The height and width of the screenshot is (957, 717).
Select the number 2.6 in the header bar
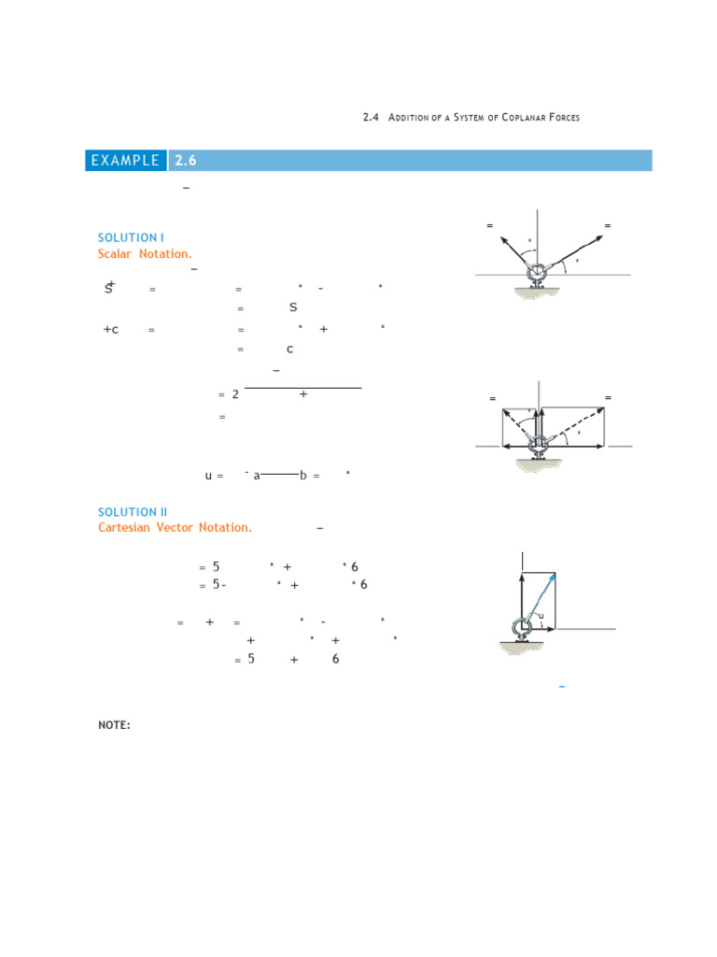pos(186,161)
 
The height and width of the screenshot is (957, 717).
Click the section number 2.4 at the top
pos(370,117)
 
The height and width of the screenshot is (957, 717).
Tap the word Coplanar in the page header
pos(528,118)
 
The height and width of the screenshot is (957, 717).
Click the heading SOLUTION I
pos(131,237)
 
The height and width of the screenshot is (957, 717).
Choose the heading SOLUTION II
pos(133,512)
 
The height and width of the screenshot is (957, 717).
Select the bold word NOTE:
pos(114,724)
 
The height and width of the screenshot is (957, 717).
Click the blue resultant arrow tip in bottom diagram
pos(555,576)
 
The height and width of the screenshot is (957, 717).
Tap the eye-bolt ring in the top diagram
pos(539,274)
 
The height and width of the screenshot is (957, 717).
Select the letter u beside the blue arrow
pos(541,615)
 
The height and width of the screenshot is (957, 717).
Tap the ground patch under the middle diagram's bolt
pos(539,471)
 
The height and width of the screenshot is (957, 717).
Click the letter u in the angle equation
pos(209,476)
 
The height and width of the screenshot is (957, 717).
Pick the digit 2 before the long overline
pos(235,394)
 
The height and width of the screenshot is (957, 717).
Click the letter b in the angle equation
pos(302,476)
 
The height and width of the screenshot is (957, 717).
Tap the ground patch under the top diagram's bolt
pos(539,295)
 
